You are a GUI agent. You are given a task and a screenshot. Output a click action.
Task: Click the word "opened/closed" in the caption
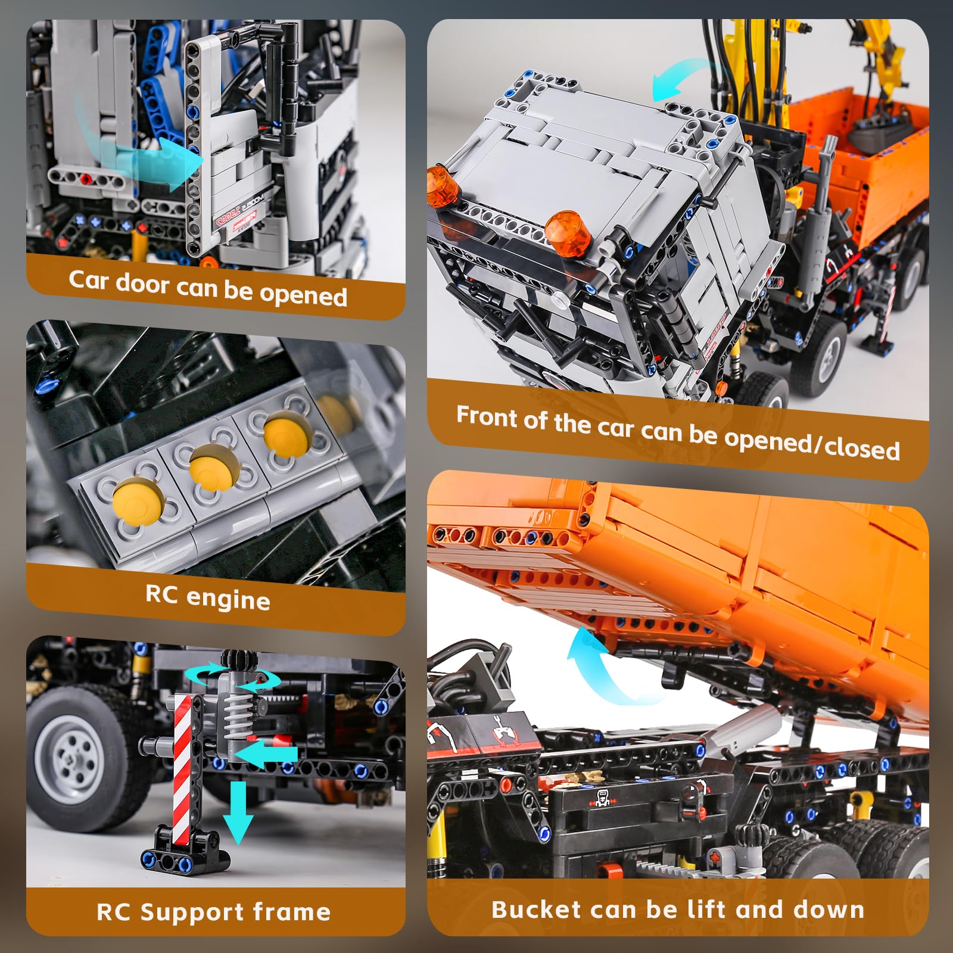(x=811, y=443)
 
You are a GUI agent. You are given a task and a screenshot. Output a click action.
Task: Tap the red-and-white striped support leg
(x=183, y=768)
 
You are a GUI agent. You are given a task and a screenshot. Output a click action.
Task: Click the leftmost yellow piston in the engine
(x=136, y=498)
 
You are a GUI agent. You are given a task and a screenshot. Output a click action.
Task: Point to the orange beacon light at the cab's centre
(x=567, y=233)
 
